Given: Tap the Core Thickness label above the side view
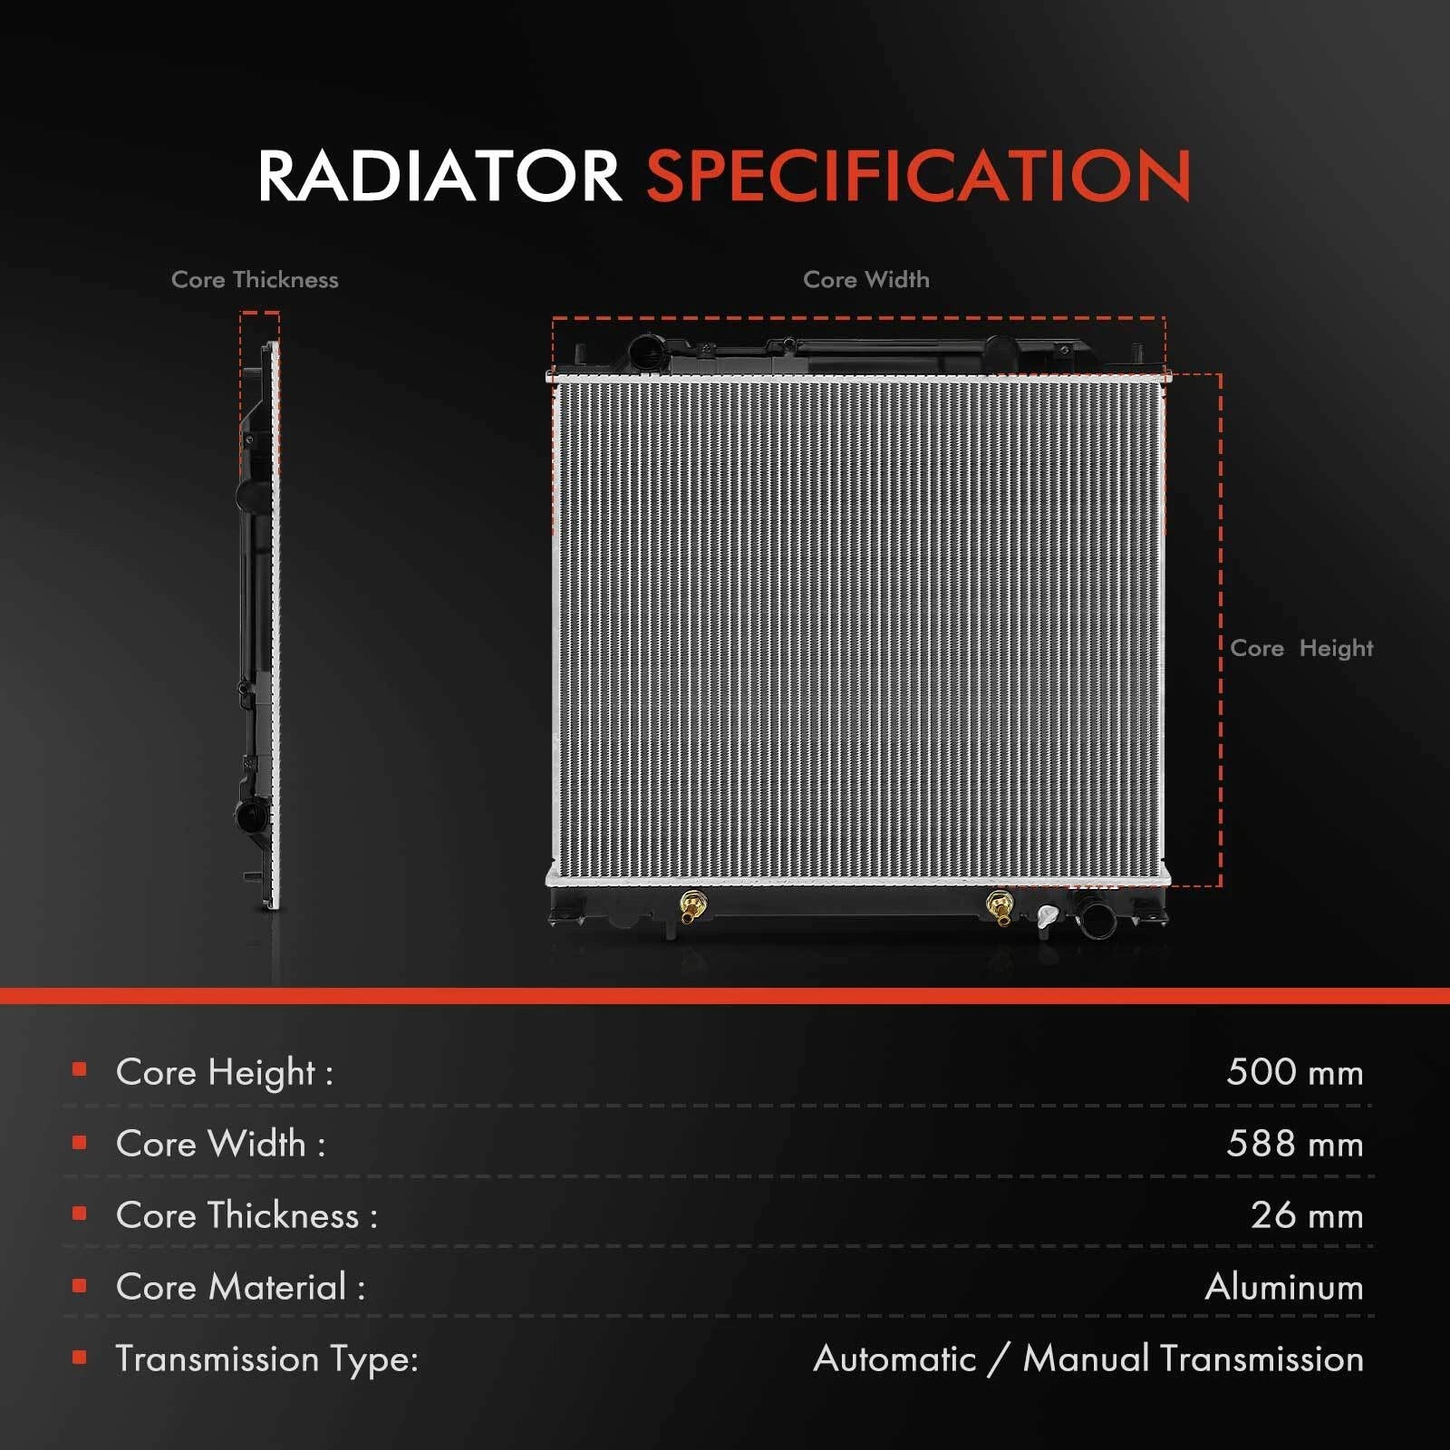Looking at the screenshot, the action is (255, 279).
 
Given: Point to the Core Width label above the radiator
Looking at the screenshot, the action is (866, 279).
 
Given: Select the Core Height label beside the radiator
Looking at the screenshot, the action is (1301, 648).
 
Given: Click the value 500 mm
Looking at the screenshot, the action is (1294, 1072).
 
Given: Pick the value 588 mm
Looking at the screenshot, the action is (1294, 1144).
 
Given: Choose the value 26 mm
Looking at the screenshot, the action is (1307, 1215).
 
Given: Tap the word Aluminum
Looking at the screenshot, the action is (1284, 1287).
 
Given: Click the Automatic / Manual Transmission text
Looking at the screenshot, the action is (1088, 1358).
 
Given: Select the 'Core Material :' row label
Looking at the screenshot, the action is (240, 1287).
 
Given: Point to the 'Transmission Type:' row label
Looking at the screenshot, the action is (266, 1359).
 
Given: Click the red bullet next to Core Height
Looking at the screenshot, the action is (80, 1069).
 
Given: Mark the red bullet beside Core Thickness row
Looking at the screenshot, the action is (80, 1213).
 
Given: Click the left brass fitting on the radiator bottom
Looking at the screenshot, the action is (693, 905).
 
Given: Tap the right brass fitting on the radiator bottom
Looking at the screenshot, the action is (999, 906).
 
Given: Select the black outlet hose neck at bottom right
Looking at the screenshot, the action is (1096, 917).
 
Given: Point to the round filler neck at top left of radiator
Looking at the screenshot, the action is (647, 351).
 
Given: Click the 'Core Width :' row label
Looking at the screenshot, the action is (220, 1144).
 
